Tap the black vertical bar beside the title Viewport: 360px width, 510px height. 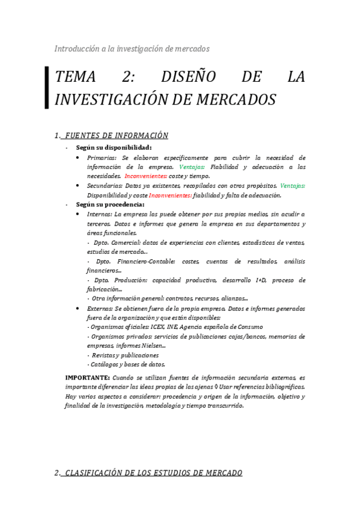point(47,88)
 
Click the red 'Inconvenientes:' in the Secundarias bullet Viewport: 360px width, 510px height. point(170,195)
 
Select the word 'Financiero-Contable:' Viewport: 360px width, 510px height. point(145,262)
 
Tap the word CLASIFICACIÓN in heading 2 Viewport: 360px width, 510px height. point(99,473)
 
